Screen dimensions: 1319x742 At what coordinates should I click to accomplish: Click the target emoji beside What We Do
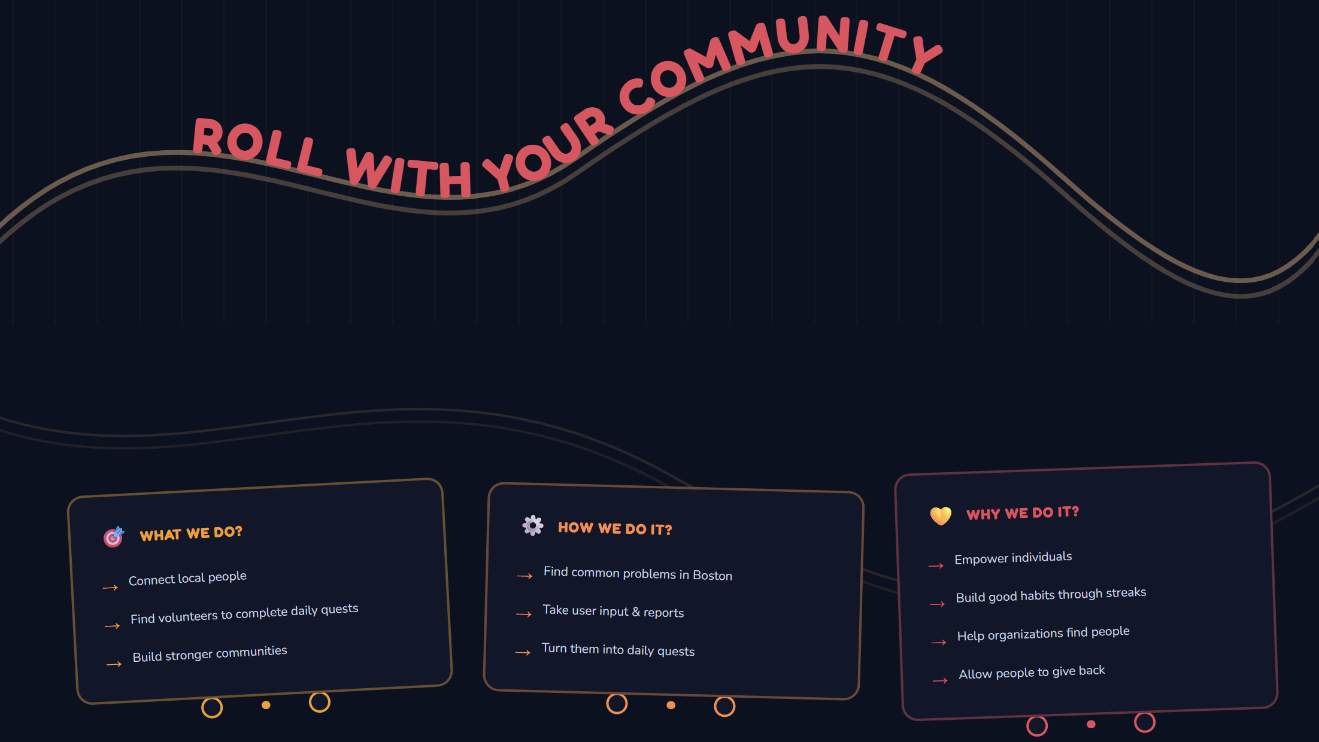coord(113,537)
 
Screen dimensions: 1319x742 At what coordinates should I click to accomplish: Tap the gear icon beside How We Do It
coord(532,525)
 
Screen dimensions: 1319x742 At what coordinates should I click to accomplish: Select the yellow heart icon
coord(941,515)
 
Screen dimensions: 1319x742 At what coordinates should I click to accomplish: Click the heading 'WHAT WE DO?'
coord(191,533)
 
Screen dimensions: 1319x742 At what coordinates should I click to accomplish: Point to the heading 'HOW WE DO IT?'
coord(615,528)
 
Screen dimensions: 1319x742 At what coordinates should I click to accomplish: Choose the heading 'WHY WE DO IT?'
coord(1023,513)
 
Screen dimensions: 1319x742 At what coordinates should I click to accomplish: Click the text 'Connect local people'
coord(187,578)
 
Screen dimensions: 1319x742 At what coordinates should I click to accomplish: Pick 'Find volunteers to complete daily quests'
coord(244,613)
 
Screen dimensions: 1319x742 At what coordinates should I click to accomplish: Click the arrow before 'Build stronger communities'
coord(114,664)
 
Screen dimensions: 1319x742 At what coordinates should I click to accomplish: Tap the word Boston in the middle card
coord(712,575)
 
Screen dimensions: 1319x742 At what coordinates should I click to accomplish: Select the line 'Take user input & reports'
coord(613,611)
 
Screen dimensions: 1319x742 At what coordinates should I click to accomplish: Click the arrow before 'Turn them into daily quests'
coord(523,652)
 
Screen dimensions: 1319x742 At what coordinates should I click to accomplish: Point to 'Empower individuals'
coord(1013,558)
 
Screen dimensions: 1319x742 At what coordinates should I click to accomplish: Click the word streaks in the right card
coord(1126,592)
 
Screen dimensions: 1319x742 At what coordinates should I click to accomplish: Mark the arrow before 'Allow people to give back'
coord(940,680)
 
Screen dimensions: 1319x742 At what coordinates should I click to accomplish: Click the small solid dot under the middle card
coord(671,705)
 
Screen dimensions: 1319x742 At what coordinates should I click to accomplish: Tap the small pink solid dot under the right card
coord(1091,724)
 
